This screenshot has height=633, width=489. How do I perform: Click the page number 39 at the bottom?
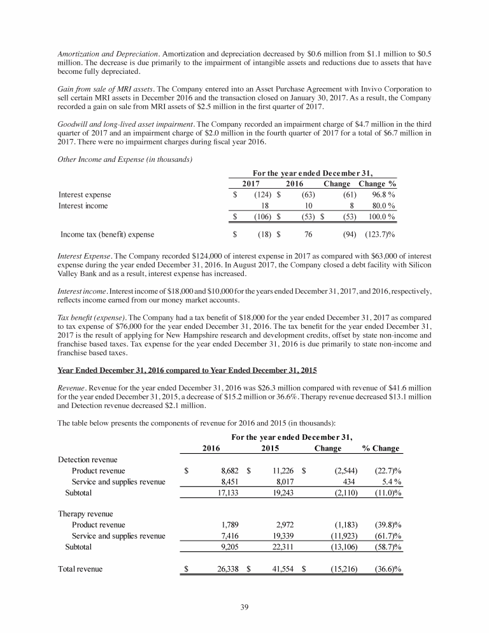click(x=244, y=606)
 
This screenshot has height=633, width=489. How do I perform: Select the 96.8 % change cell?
click(x=384, y=194)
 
